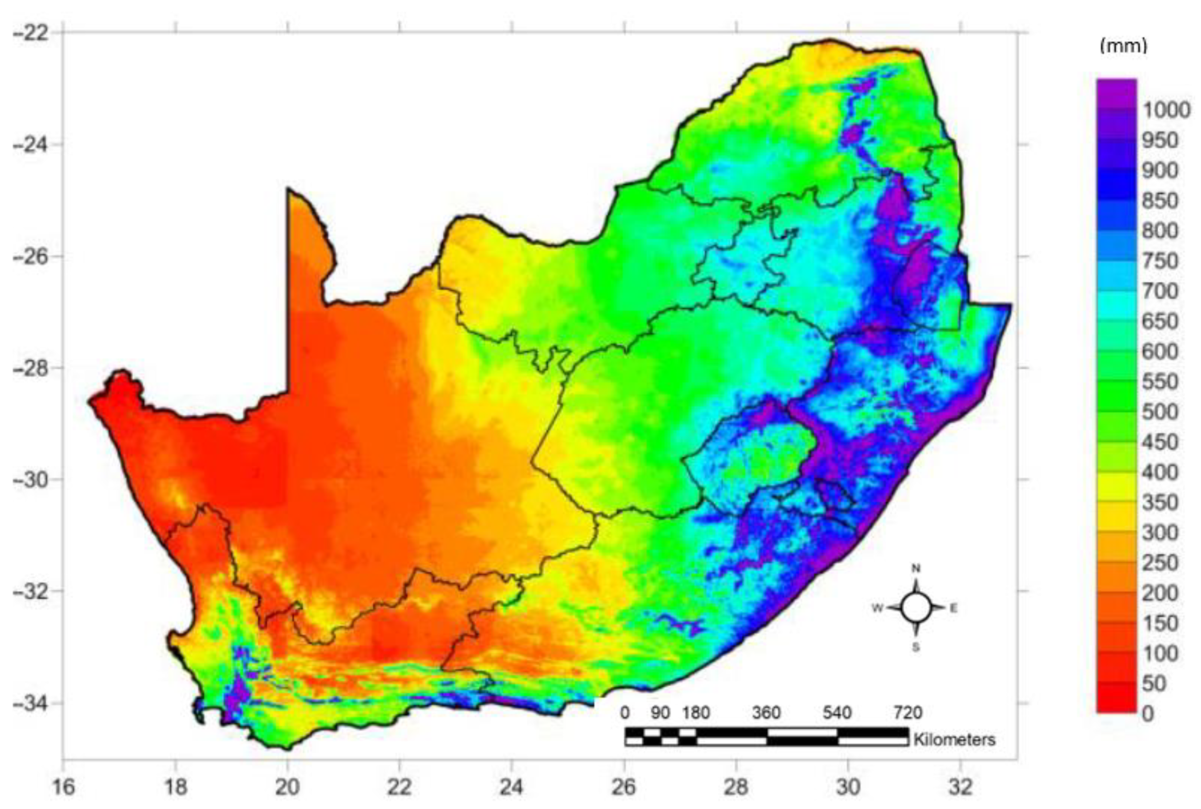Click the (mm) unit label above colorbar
coord(1124,46)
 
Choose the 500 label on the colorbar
coord(1160,412)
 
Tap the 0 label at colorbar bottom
coord(1147,714)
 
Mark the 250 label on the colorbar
coord(1160,563)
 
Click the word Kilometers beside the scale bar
coord(954,739)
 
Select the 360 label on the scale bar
coord(766,713)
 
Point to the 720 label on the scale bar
coord(908,713)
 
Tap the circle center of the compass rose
coord(917,608)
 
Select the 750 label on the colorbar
coord(1160,261)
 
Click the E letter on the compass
coord(953,608)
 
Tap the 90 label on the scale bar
coord(660,713)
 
